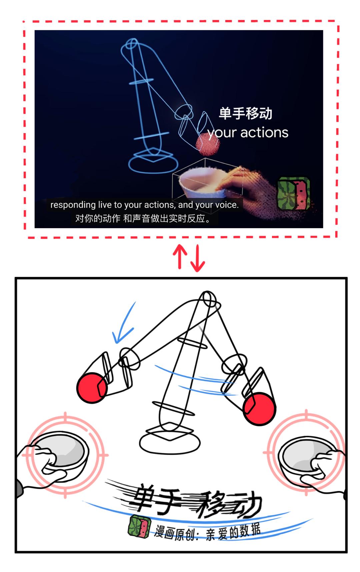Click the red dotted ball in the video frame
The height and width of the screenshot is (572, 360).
(x=207, y=144)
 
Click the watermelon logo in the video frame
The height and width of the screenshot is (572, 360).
(x=294, y=194)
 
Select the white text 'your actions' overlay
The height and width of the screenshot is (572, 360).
(x=248, y=133)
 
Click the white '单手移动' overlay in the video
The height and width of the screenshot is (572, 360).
(x=245, y=113)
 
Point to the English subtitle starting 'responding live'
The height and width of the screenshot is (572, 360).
(x=144, y=205)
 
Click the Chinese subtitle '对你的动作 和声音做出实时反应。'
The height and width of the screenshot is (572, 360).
(x=143, y=218)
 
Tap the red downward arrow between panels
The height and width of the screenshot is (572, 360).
(x=198, y=258)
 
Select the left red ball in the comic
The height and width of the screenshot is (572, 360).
(x=92, y=388)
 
